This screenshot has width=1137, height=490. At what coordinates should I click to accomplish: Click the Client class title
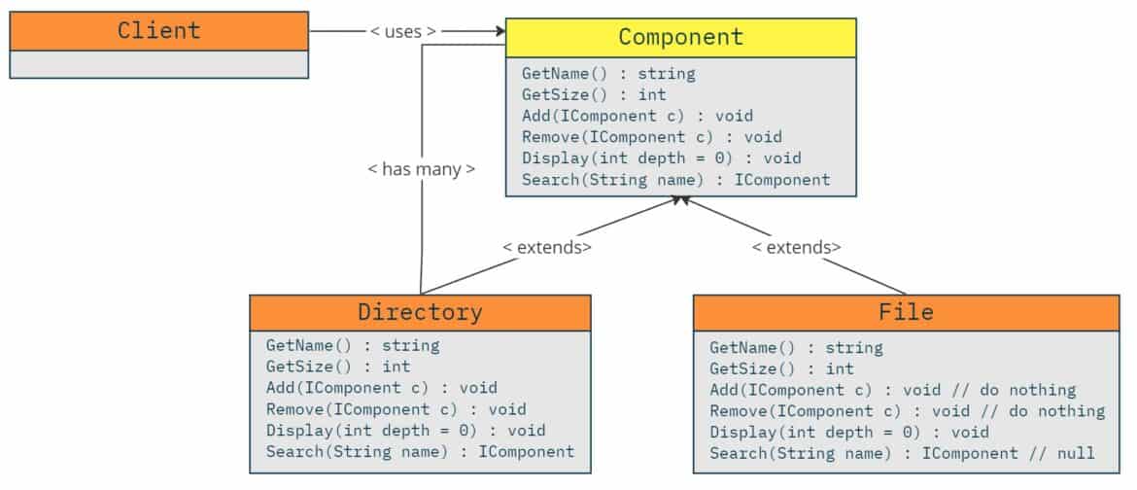158,30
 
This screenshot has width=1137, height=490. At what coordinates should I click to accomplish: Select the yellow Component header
680,37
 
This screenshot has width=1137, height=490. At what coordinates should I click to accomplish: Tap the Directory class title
420,312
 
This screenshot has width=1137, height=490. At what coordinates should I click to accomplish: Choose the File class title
906,312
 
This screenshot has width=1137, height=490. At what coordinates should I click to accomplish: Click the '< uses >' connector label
402,31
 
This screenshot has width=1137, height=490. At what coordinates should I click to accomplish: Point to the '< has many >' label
421,168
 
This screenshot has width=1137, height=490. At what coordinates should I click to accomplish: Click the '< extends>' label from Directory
547,247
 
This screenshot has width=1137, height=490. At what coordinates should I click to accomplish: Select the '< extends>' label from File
796,247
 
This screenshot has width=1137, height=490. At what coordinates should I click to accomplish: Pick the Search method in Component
675,180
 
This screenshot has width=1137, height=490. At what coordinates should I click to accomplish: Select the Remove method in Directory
396,409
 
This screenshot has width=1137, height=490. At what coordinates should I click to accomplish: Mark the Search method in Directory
420,451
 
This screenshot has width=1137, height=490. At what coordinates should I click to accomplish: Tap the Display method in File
848,432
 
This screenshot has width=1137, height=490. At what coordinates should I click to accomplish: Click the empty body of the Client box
158,64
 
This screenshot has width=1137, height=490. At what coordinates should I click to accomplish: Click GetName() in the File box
796,347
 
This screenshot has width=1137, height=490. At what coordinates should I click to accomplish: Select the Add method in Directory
381,388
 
